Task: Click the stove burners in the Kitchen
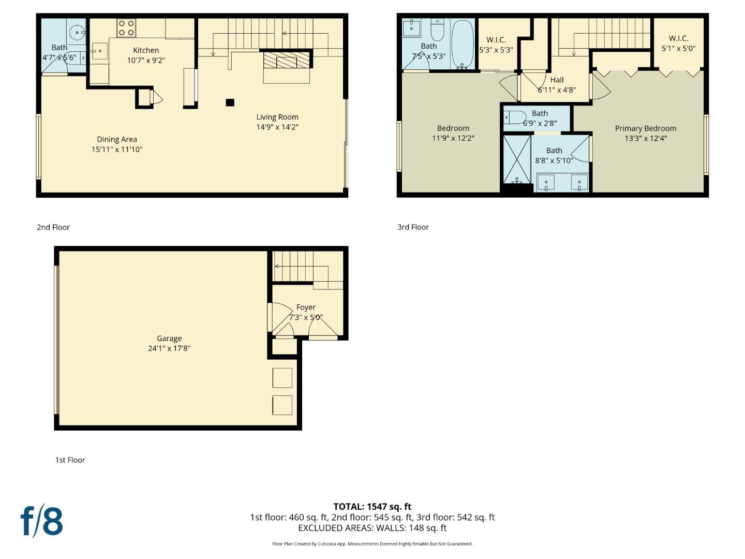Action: coord(126,28)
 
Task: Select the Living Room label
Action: coord(277,117)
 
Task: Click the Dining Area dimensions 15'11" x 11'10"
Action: coord(117,150)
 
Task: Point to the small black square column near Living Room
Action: coord(230,102)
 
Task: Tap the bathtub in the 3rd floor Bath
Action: coord(462,45)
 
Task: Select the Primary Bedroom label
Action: coord(645,128)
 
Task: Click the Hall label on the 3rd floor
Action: coord(557,80)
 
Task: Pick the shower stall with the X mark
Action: coord(517,159)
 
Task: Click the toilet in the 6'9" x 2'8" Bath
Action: coord(515,117)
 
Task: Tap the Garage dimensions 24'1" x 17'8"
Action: coord(169,348)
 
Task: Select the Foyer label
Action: coord(306,307)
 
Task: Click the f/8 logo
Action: coord(41,521)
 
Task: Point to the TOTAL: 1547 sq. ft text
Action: coord(372,507)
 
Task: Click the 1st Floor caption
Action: coord(70,460)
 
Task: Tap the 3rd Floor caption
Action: coord(413,227)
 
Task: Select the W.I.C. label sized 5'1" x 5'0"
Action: coord(678,38)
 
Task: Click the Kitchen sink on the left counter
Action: coord(99,51)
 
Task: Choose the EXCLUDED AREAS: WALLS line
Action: coord(372,528)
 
